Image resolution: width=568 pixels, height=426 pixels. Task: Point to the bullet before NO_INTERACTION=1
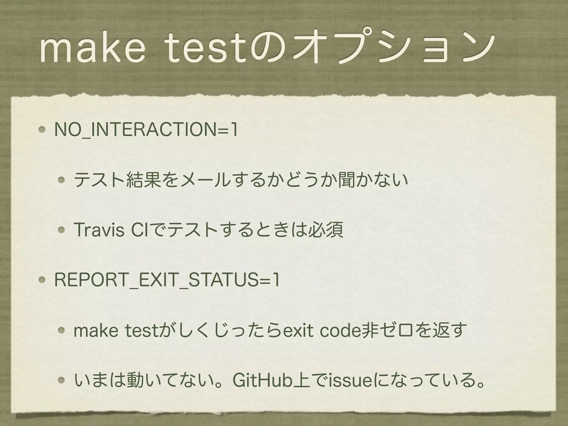pyautogui.click(x=42, y=130)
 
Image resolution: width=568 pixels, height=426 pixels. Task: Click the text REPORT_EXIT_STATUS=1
pyautogui.click(x=167, y=280)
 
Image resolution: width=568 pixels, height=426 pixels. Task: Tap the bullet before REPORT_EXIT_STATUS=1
pyautogui.click(x=42, y=280)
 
